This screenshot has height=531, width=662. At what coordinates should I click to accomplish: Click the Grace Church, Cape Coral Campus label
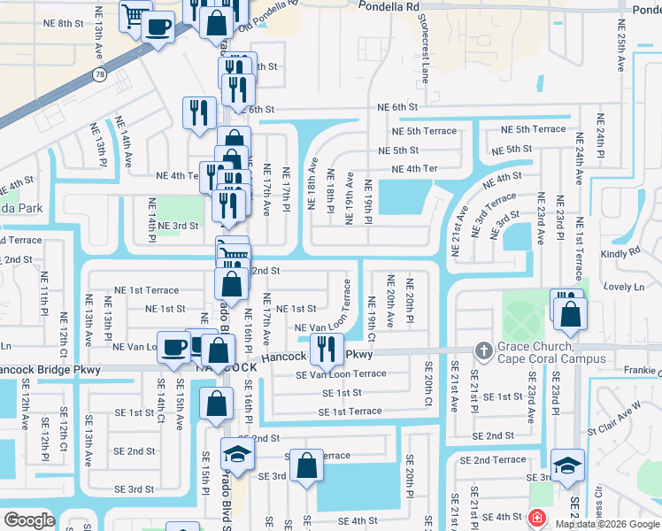(550, 352)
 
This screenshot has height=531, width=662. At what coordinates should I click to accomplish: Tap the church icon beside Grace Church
(483, 351)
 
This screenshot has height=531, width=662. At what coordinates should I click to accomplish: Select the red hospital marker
(536, 518)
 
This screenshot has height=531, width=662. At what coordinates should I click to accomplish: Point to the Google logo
(29, 520)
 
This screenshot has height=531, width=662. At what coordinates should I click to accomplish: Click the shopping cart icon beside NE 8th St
(135, 15)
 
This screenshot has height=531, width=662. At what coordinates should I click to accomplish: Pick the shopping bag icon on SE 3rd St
(306, 466)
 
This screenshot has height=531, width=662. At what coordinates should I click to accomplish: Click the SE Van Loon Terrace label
(341, 374)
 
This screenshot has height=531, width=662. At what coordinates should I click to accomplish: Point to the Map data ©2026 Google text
(606, 524)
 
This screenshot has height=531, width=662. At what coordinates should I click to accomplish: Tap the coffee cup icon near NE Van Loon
(173, 346)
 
